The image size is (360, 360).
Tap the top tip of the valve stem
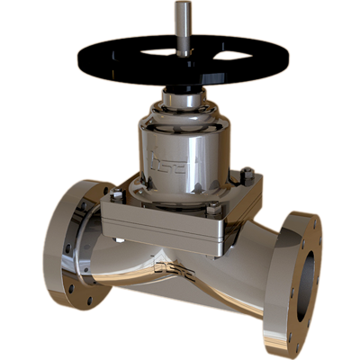183,6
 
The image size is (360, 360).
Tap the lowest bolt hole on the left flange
87,301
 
